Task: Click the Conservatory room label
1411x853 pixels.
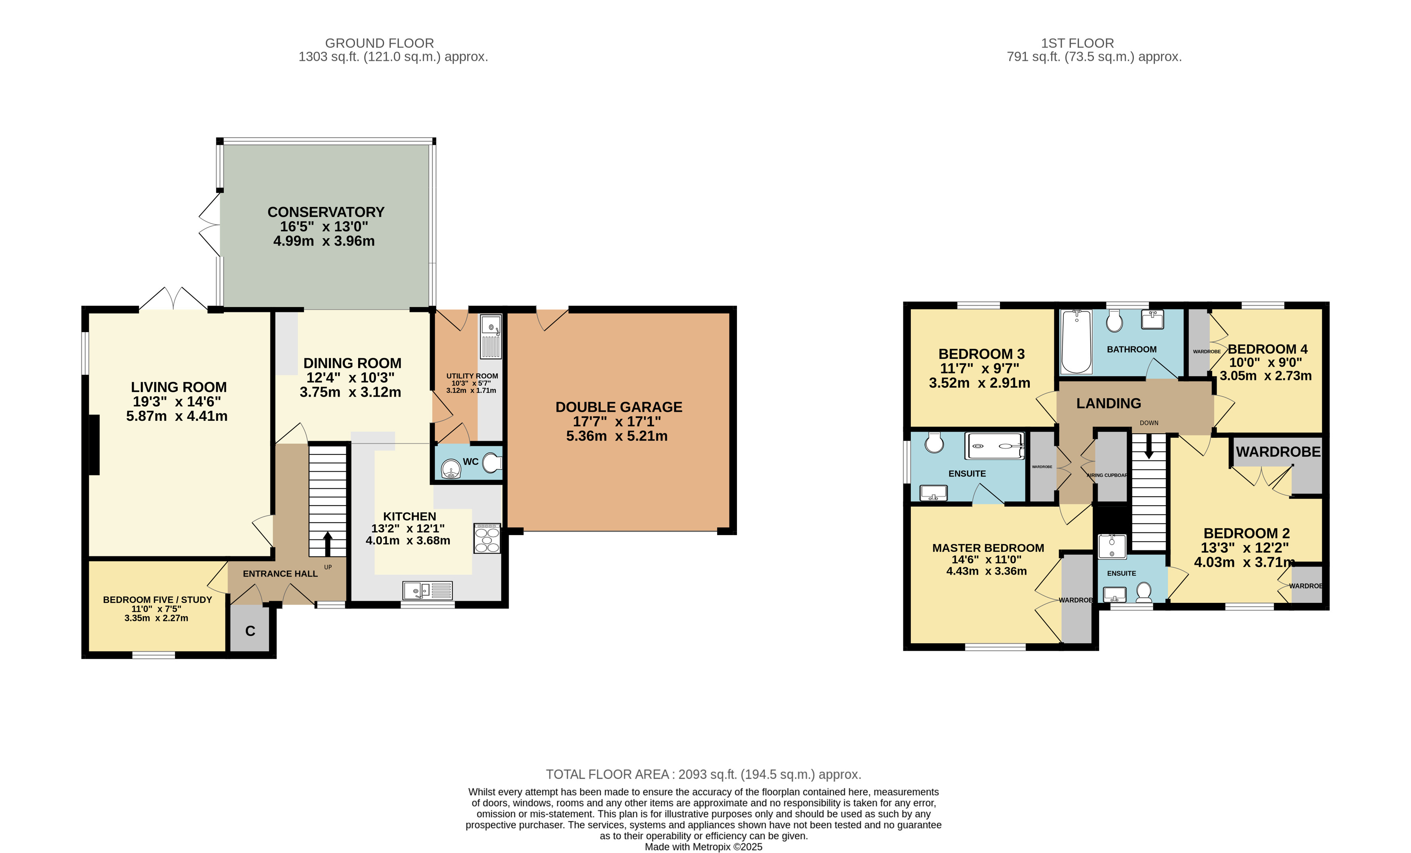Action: click(x=326, y=212)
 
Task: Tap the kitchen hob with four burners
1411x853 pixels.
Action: click(x=487, y=539)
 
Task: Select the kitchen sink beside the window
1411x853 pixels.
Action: click(x=427, y=590)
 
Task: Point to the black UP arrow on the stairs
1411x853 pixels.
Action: click(x=328, y=544)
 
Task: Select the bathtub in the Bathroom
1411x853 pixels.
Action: click(x=1077, y=341)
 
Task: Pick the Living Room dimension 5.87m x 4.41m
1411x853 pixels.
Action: click(x=177, y=416)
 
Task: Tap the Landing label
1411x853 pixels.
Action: click(x=1108, y=404)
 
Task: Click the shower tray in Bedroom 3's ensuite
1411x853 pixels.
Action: click(x=995, y=446)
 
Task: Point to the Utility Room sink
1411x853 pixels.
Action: click(x=491, y=325)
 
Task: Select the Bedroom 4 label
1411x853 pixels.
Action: click(x=1267, y=349)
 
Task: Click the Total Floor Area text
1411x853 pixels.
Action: click(x=703, y=774)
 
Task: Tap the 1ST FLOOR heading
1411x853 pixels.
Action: click(x=1077, y=43)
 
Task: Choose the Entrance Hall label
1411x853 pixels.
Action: click(x=280, y=573)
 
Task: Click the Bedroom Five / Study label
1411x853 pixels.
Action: click(x=157, y=600)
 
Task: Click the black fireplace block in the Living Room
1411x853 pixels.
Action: click(x=94, y=445)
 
